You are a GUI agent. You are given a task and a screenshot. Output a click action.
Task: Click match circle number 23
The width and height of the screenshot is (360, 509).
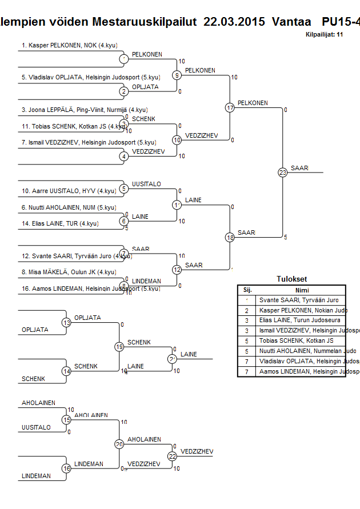pyautogui.click(x=283, y=173)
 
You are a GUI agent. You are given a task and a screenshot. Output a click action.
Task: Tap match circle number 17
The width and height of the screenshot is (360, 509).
pyautogui.click(x=230, y=107)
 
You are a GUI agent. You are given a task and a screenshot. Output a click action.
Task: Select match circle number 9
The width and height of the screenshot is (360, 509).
pyautogui.click(x=177, y=75)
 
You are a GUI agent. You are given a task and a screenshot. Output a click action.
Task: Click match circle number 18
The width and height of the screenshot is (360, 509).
pyautogui.click(x=230, y=238)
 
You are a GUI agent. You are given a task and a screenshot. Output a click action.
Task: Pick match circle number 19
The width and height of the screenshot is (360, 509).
pyautogui.click(x=119, y=347)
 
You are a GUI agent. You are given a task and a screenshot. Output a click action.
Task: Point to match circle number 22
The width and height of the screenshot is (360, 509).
pyautogui.click(x=172, y=456)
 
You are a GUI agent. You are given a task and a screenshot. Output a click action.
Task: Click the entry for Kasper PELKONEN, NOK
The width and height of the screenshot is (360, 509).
pyautogui.click(x=59, y=45)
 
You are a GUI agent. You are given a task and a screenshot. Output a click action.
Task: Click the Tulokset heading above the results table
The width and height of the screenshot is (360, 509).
pyautogui.click(x=291, y=279)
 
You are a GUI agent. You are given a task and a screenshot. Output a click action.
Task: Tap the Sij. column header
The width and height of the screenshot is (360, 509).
pyautogui.click(x=247, y=290)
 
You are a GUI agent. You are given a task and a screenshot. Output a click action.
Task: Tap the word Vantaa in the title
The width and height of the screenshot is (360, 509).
pyautogui.click(x=292, y=22)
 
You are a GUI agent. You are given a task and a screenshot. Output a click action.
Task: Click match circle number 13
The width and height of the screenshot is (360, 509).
pyautogui.click(x=67, y=323)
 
